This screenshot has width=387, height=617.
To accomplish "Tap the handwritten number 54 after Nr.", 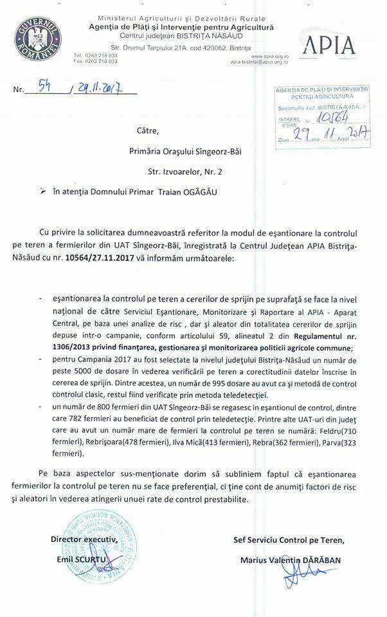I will tap(46, 88).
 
